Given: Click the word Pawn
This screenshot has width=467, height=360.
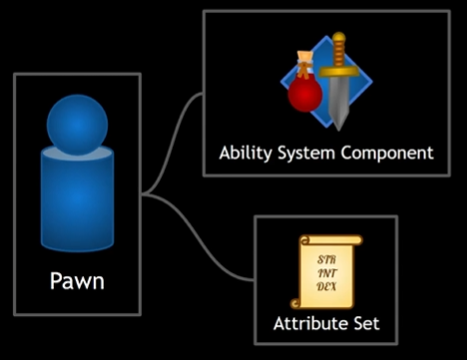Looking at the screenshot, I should tap(77, 281).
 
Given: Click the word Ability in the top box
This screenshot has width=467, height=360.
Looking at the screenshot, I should tap(243, 154).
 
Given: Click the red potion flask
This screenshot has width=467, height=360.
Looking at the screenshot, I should tap(303, 96).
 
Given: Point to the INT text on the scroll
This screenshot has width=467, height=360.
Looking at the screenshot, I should tap(325, 270).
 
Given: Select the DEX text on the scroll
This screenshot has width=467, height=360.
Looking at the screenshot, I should tap(325, 285).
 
